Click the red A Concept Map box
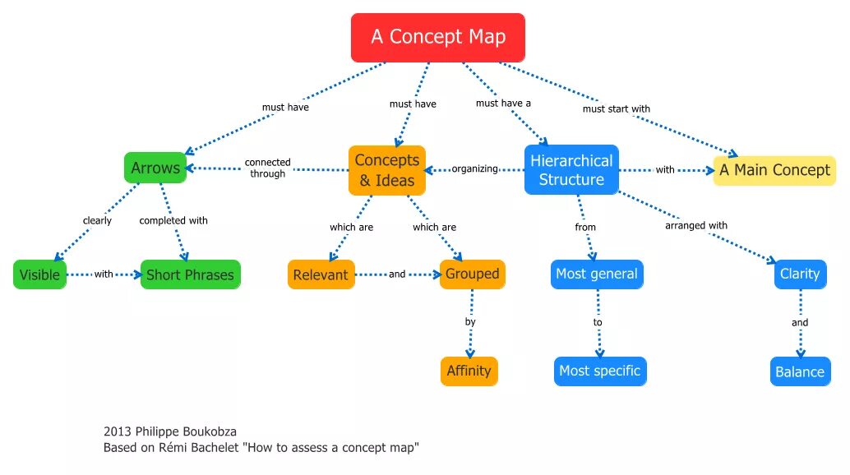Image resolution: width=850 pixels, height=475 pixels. pyautogui.click(x=437, y=38)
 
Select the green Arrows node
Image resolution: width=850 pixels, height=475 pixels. pyautogui.click(x=155, y=168)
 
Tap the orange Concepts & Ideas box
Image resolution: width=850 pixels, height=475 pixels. pyautogui.click(x=387, y=170)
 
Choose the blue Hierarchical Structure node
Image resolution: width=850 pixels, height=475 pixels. pyautogui.click(x=571, y=170)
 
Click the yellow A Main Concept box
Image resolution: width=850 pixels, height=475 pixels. pyautogui.click(x=774, y=170)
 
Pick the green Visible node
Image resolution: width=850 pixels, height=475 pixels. pyautogui.click(x=39, y=274)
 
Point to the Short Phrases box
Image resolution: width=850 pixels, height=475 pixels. pyautogui.click(x=190, y=274)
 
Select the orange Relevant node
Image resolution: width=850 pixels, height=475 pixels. pyautogui.click(x=321, y=274)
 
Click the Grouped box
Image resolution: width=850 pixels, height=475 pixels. pyautogui.click(x=473, y=274)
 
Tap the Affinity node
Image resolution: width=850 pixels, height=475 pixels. pyautogui.click(x=469, y=371)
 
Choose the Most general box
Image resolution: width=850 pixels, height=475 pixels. pyautogui.click(x=596, y=274)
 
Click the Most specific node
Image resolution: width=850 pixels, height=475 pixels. pyautogui.click(x=599, y=371)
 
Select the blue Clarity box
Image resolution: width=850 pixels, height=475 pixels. pyautogui.click(x=799, y=274)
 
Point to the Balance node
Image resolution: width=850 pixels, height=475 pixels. pyautogui.click(x=799, y=371)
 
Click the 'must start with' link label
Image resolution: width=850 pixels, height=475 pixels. pyautogui.click(x=616, y=108)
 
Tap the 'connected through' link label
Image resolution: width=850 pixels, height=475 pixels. pyautogui.click(x=267, y=168)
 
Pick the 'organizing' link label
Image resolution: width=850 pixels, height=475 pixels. pyautogui.click(x=475, y=168)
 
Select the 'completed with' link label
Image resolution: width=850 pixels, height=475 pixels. pyautogui.click(x=173, y=220)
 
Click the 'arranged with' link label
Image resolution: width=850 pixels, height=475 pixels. pyautogui.click(x=696, y=225)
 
